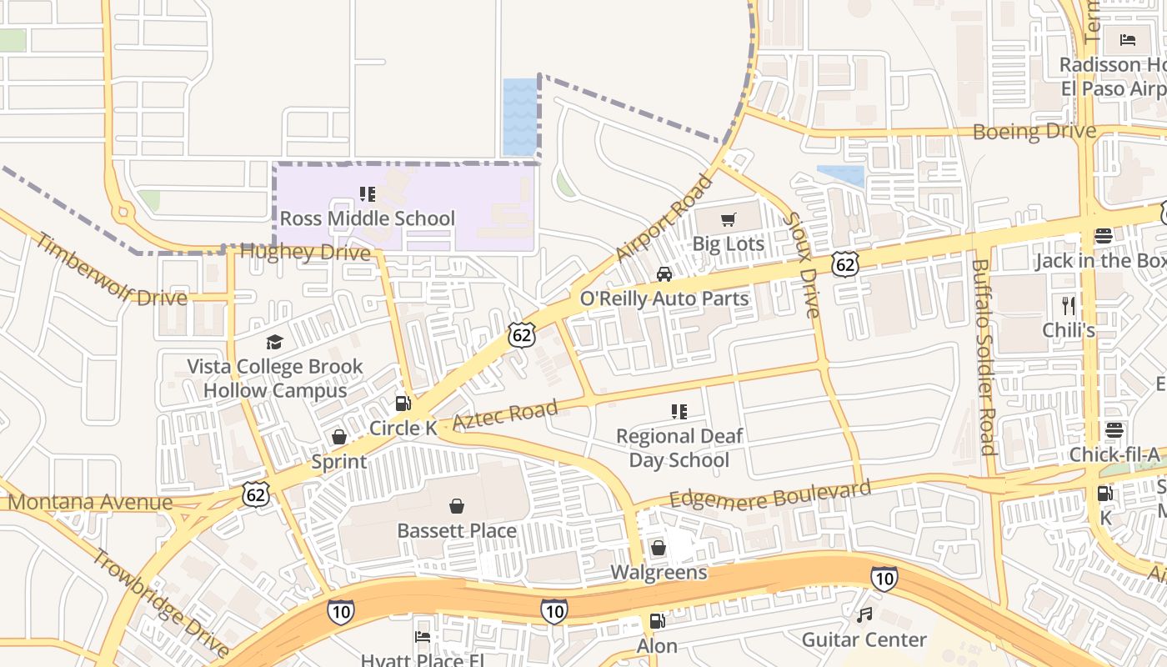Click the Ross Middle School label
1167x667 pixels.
click(367, 218)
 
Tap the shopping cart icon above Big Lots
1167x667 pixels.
click(729, 220)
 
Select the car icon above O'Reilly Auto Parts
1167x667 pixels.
click(664, 274)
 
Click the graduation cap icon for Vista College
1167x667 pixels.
click(274, 342)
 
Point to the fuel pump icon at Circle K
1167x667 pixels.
click(403, 404)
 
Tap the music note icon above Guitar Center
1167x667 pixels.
click(864, 615)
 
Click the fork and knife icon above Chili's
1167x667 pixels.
click(1069, 305)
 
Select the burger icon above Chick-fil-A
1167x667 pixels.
click(1114, 431)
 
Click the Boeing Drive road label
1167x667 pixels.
click(1034, 132)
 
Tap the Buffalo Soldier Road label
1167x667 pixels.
click(984, 357)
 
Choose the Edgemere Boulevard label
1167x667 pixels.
click(770, 493)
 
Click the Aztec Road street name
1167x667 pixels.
click(505, 414)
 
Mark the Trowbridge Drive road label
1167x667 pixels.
click(158, 603)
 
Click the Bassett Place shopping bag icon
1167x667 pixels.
click(457, 506)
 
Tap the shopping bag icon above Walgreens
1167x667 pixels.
click(659, 548)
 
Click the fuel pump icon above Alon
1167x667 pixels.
click(657, 621)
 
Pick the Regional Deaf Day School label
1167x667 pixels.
click(679, 448)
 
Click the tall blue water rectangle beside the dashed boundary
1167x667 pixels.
click(520, 117)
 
